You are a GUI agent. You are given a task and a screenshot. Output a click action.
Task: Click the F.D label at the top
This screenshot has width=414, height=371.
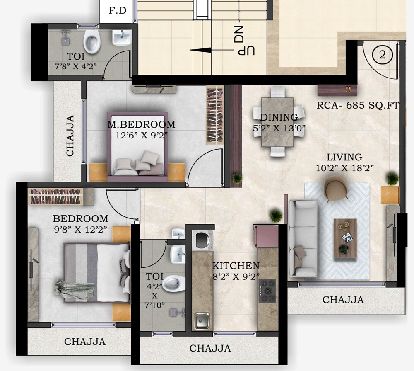click(118, 10)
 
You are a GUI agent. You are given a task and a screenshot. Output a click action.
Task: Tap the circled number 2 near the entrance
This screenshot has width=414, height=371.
click(382, 54)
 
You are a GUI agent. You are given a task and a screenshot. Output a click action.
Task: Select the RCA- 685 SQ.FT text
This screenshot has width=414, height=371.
click(358, 105)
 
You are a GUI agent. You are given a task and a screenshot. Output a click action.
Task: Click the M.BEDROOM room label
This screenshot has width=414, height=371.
click(141, 124)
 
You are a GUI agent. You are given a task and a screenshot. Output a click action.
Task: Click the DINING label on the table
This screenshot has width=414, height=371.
click(279, 117)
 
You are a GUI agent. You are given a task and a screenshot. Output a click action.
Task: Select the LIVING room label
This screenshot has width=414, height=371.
click(344, 158)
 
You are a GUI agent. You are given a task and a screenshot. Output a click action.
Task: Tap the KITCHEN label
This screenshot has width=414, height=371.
click(236, 266)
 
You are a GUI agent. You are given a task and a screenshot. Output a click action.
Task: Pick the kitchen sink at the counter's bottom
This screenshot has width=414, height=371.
click(202, 320)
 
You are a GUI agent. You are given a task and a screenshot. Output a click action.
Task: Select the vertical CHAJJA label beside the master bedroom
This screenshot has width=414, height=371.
click(70, 135)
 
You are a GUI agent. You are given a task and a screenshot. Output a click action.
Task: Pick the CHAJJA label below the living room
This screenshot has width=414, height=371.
click(343, 300)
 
